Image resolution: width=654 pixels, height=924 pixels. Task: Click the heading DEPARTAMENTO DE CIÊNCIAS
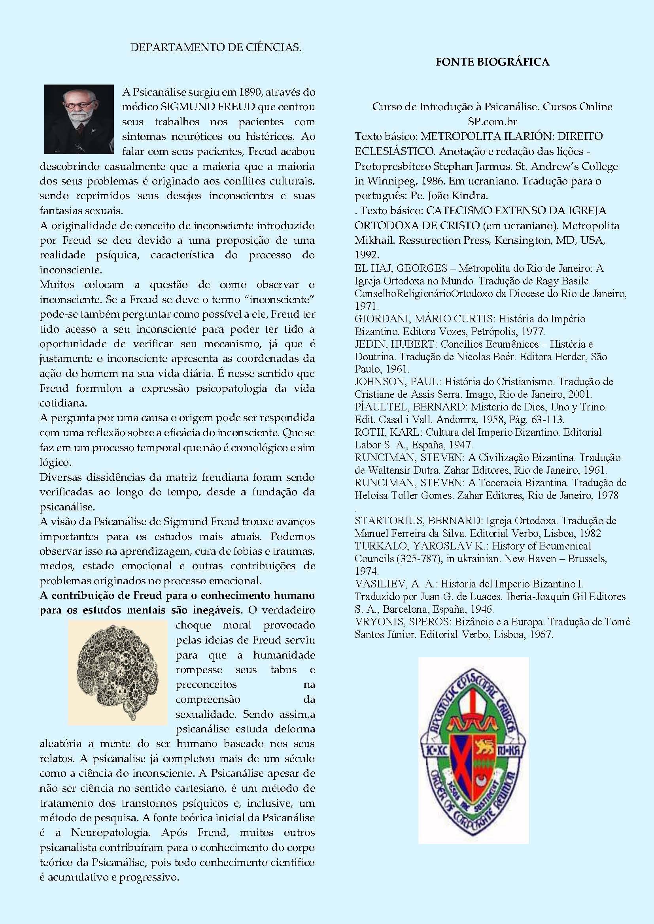pos(216,47)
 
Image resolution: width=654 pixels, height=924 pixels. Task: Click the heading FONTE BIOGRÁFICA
pos(492,62)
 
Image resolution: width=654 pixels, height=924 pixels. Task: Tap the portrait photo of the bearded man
pos(79,119)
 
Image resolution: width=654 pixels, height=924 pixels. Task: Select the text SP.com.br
pos(492,122)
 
